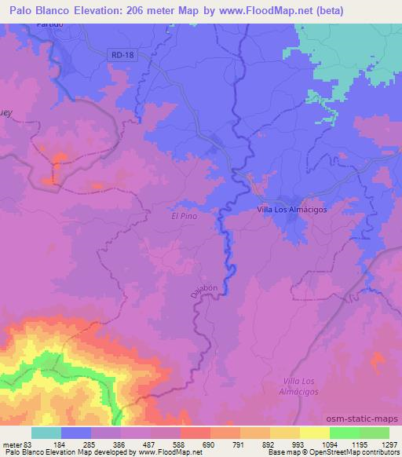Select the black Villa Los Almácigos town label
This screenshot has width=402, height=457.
[x=292, y=210]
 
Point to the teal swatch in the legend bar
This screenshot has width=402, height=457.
[x=46, y=433]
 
